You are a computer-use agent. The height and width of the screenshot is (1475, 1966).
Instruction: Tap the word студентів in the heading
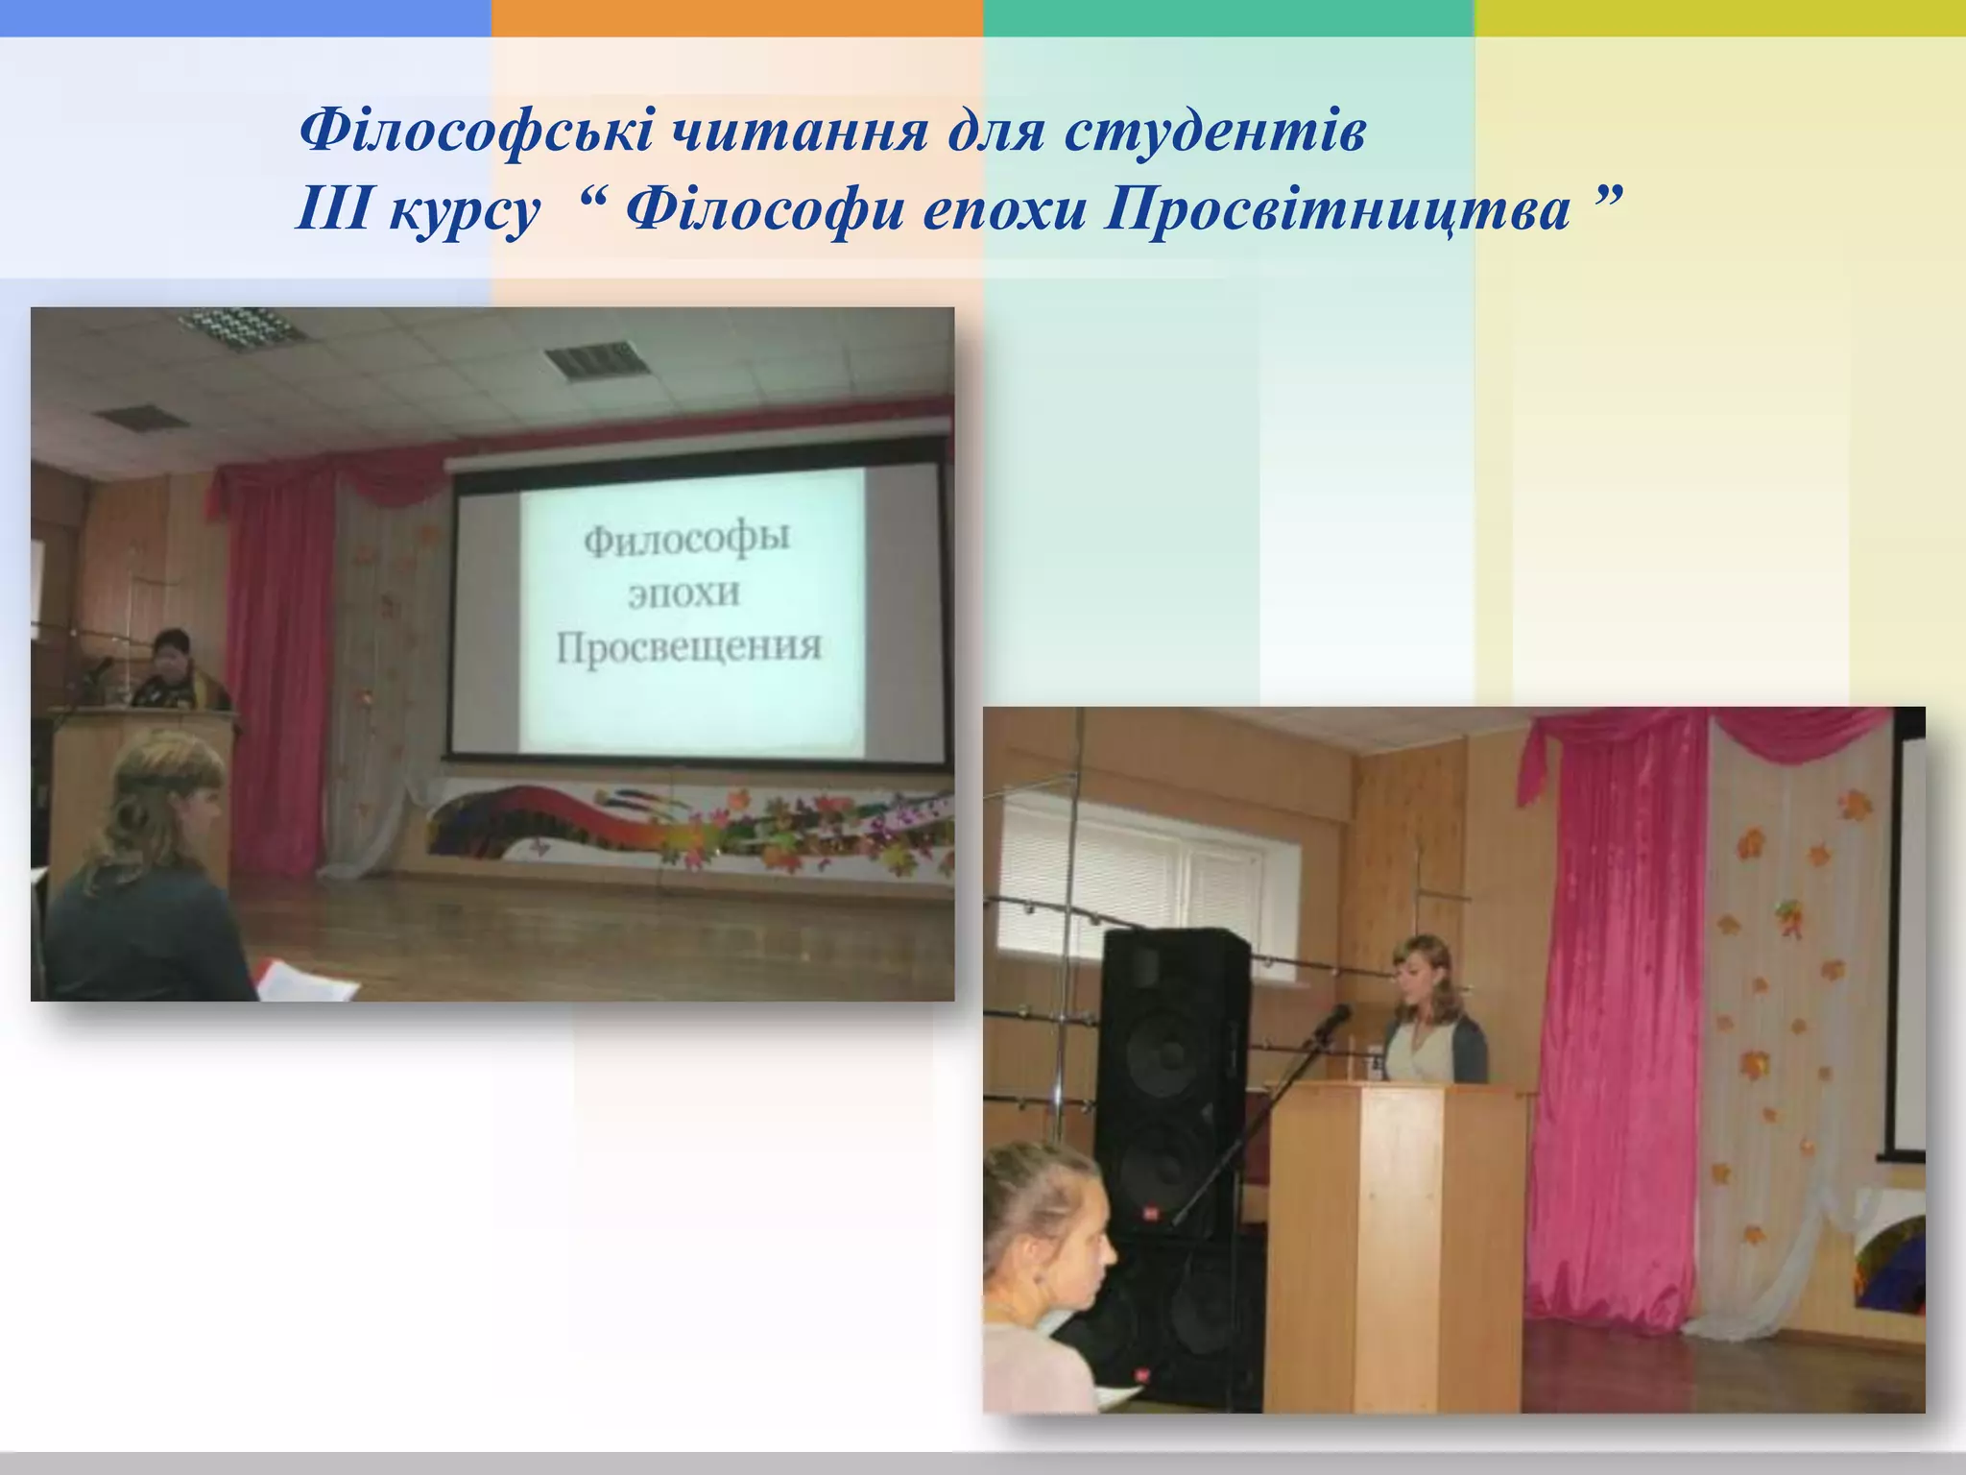pos(1213,132)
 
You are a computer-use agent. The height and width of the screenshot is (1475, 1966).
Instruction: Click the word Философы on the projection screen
pos(686,538)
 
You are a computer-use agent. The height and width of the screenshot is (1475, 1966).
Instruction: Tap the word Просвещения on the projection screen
pos(689,647)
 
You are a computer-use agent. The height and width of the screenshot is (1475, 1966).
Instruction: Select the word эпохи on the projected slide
pos(684,592)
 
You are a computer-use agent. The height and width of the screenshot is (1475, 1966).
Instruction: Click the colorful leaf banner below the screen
pos(691,826)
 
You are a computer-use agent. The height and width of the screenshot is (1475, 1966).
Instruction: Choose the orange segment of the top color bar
pos(736,17)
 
